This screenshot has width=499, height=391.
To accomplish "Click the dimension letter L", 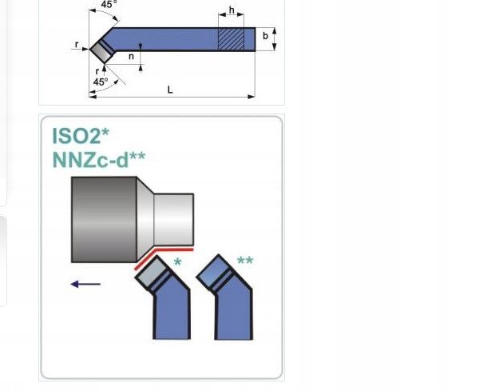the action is pos(170,90).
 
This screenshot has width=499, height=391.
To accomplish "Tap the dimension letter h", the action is pos(232,10).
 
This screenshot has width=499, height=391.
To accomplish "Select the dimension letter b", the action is pos(265,36).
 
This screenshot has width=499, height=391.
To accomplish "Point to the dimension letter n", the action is pos(131,57).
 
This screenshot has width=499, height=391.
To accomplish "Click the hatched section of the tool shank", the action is pos(231,39).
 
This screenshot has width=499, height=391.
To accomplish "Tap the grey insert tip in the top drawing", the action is pos(102,51).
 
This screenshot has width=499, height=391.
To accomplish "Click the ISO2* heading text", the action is pos(81,136).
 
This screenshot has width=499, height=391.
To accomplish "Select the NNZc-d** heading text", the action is pos(99,159).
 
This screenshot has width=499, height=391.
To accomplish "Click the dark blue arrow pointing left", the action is pos(85,284).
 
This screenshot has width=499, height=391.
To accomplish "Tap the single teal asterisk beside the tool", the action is pos(177,262).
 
